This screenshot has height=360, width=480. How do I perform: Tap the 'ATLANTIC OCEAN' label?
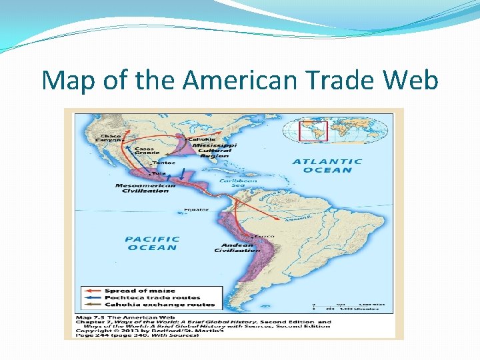pyautogui.click(x=327, y=165)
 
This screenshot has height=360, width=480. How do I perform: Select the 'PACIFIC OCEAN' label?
pyautogui.click(x=152, y=243)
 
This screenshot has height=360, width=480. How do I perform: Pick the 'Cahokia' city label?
pyautogui.click(x=202, y=139)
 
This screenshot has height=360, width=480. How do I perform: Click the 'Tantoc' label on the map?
pyautogui.click(x=164, y=162)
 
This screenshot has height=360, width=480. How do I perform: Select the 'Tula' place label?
pyautogui.click(x=159, y=173)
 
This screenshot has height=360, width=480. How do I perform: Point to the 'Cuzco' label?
pyautogui.click(x=264, y=236)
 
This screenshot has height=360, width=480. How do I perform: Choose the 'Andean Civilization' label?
pyautogui.click(x=237, y=247)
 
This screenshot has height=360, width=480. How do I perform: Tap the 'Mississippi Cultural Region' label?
pyautogui.click(x=216, y=150)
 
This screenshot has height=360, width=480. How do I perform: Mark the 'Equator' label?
pyautogui.click(x=192, y=209)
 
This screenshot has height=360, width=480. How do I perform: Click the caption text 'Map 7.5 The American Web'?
pyautogui.click(x=126, y=317)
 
